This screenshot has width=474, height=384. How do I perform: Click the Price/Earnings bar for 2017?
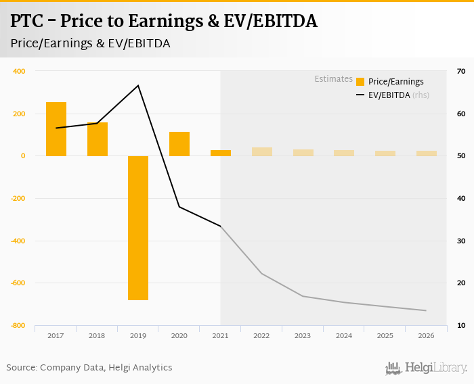pos(56,129)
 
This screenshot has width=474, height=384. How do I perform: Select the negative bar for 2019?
pos(138,228)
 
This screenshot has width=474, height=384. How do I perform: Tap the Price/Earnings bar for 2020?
pos(179,144)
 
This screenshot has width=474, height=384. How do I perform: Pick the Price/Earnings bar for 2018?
pos(98,139)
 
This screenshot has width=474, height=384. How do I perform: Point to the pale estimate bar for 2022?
pos(262,151)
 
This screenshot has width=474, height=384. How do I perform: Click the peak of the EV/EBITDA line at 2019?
pos(138,85)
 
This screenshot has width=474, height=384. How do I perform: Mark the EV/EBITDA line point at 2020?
pos(179,207)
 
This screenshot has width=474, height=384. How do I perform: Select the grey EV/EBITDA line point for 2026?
pos(426,310)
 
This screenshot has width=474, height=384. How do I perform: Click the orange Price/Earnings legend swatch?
pos(360,82)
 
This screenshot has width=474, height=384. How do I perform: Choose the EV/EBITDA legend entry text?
pos(389,95)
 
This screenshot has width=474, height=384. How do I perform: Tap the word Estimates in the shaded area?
pos(333,79)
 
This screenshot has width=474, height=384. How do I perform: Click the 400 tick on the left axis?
pos(19,71)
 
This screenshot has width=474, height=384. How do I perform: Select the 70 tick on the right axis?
pos(461,71)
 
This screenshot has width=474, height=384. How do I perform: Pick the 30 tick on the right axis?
pos(461,241)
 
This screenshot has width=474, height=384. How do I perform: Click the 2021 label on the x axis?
pos(221,335)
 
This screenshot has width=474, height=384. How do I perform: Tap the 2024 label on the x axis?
pos(344,335)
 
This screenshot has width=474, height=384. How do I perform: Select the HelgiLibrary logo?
pos(426,368)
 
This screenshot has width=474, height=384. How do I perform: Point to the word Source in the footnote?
pos(21,367)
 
